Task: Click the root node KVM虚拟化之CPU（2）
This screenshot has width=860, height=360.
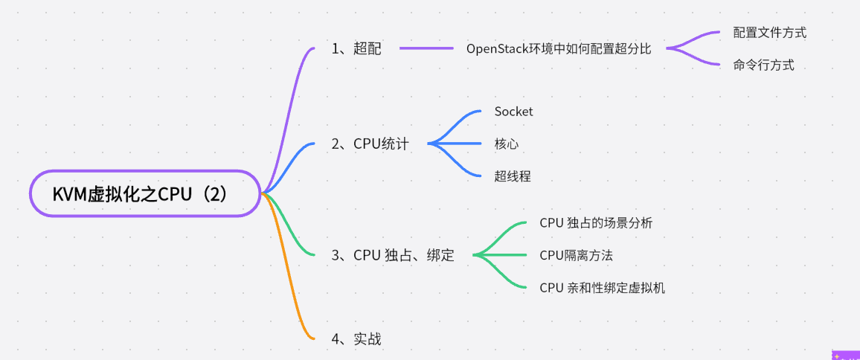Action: pos(144,193)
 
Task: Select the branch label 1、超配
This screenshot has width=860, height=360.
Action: pos(356,49)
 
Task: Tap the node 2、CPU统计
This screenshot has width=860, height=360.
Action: pos(370,144)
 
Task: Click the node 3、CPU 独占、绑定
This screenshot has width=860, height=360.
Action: pos(393,256)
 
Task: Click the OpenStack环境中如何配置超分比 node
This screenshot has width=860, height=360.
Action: pos(559,49)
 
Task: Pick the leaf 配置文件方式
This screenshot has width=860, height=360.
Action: pos(769,33)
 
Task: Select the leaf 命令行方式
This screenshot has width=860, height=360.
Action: pos(763,65)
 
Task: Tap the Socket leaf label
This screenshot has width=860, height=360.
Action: pos(513,112)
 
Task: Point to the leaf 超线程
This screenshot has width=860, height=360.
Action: pos(513,176)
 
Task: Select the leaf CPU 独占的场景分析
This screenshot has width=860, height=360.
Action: pos(596,223)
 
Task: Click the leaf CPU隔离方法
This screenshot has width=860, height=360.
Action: pos(576,255)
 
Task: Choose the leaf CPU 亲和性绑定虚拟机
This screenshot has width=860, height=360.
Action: pos(602,288)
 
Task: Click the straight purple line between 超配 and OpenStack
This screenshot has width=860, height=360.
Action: pos(426,49)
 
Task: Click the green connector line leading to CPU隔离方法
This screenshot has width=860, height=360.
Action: pos(506,255)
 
